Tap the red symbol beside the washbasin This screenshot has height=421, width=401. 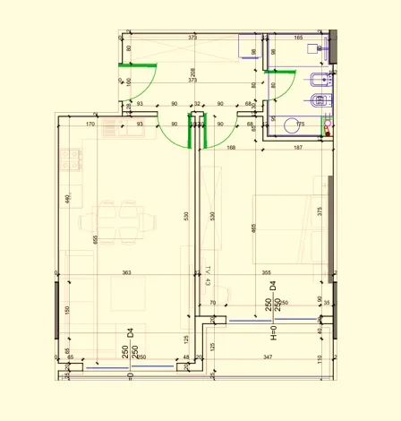point(328,130)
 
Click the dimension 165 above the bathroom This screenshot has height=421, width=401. point(298,39)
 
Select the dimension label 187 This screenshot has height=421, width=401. point(297,148)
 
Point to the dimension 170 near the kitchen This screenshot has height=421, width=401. point(90,125)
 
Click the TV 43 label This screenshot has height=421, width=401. point(207,276)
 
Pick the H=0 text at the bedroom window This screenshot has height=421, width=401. point(275,335)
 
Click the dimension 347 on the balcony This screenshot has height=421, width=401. point(269,357)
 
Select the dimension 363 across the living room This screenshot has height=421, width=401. point(127,272)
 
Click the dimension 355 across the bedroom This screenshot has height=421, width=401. point(266,272)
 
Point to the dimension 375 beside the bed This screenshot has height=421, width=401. point(319,211)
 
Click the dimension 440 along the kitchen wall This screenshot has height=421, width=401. point(66,198)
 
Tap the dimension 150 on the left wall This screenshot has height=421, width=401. point(66,311)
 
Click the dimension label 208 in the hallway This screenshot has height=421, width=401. point(193,72)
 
